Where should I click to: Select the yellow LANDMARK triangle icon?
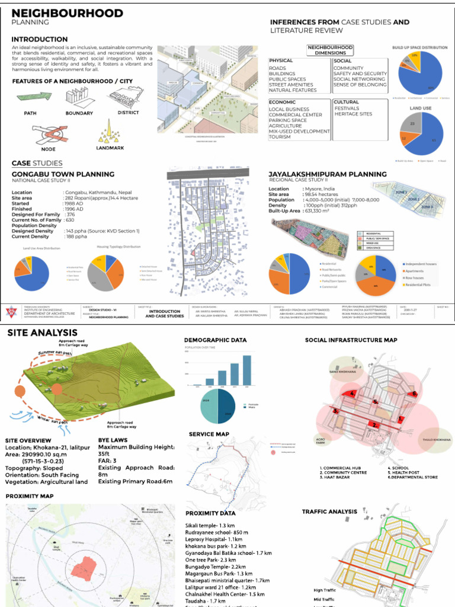(x=108, y=131)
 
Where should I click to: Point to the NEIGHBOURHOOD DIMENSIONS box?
(x=331, y=50)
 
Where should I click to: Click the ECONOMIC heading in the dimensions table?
(x=283, y=102)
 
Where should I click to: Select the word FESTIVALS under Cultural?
(x=347, y=108)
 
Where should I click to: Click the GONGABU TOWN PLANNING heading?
(x=63, y=174)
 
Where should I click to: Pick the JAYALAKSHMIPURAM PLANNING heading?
(x=328, y=174)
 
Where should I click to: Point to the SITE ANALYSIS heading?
(x=42, y=333)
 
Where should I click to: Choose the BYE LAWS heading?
(x=114, y=440)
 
